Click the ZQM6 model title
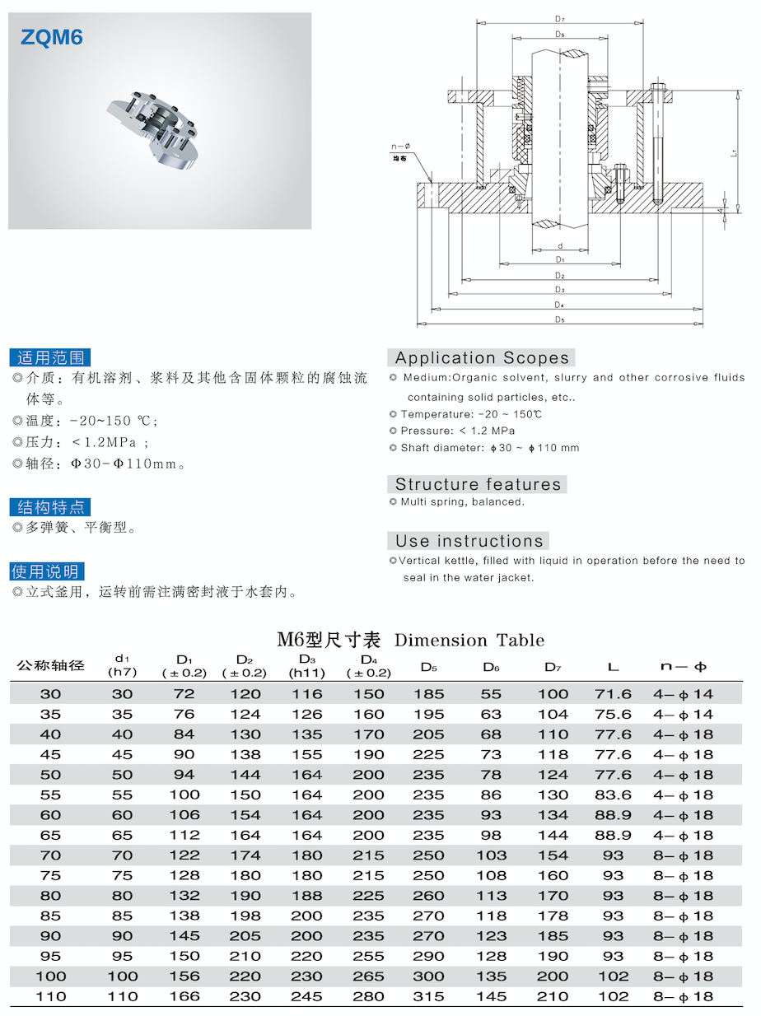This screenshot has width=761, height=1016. pos(53,37)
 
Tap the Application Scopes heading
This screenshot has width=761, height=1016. pos(481,358)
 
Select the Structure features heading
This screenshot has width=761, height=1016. pos(478,484)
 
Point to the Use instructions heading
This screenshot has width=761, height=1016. pos(469,541)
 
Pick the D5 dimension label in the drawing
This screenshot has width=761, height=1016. pos(559,319)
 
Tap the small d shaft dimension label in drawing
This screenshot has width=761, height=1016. pos(559,246)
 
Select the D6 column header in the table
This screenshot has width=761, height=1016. pos(491,666)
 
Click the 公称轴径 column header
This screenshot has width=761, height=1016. pos(51,666)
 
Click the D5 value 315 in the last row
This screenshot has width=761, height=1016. pos(429,996)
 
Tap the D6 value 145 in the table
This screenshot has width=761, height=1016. pos(491,996)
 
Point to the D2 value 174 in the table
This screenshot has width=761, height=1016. pos(245,855)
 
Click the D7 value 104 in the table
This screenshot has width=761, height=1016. pos(553,715)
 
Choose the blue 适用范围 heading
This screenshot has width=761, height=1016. pos(50,357)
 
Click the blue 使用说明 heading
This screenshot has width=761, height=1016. pos(47,571)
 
